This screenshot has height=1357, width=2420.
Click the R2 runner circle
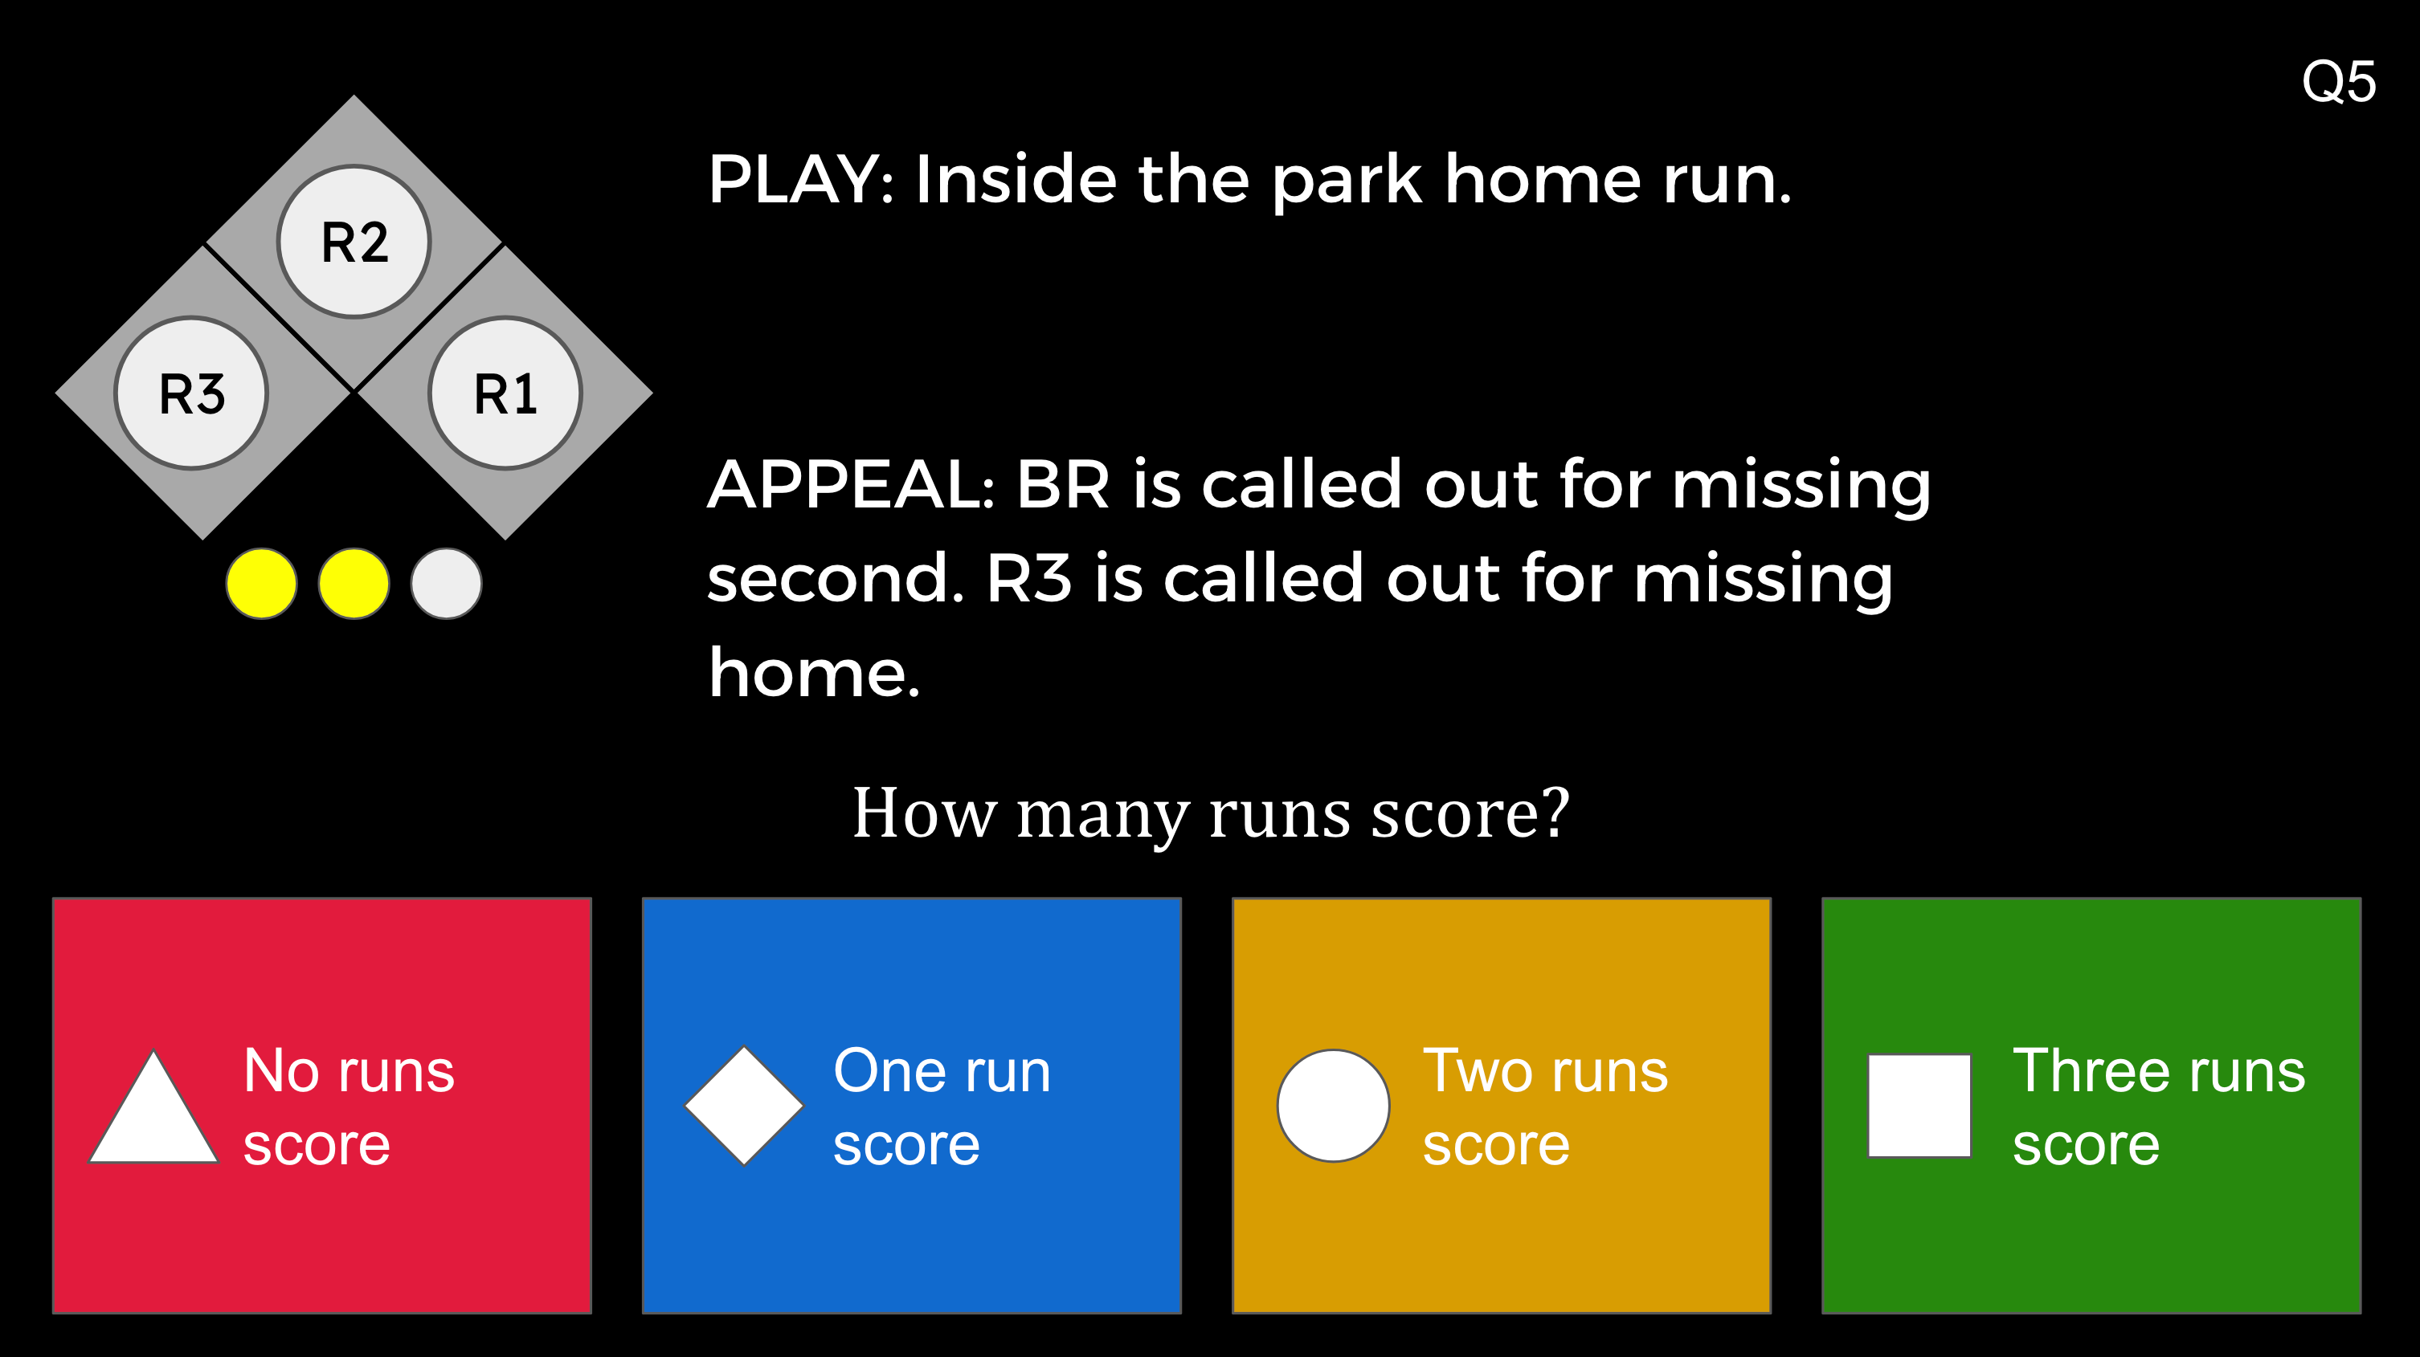pos(354,242)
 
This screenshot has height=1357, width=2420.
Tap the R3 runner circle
pos(192,393)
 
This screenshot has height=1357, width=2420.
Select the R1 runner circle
pos(505,393)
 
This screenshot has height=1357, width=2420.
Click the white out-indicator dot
pos(446,583)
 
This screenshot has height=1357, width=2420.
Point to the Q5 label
pos(2338,82)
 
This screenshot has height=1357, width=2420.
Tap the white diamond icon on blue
pos(744,1106)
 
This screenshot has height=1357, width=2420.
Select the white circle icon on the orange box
pos(1333,1106)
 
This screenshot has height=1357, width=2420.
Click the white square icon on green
pos(1919,1106)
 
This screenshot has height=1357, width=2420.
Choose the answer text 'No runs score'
pos(348,1107)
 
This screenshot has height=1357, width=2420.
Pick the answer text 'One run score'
pos(940,1107)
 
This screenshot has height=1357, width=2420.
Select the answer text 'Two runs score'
pos(1544,1107)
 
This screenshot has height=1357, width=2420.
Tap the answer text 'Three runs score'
pos(2158,1107)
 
